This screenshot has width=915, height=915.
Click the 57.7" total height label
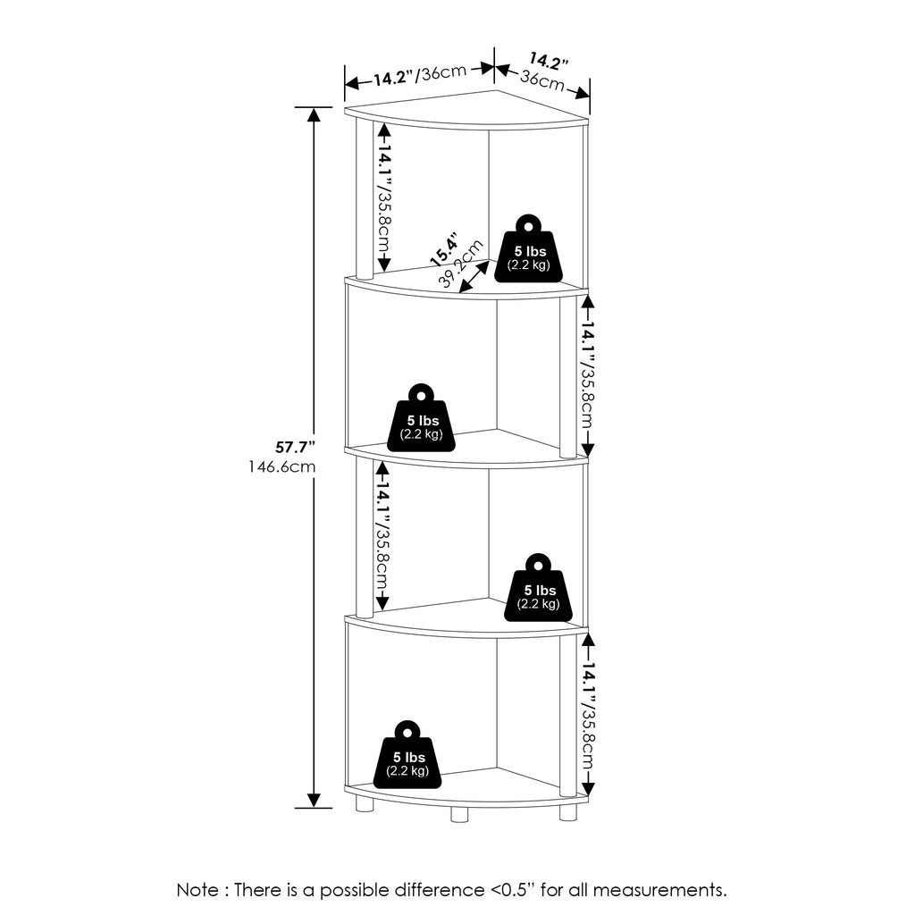coord(295,448)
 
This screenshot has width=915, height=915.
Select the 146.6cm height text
coord(281,466)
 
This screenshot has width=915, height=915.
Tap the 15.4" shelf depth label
coord(443,249)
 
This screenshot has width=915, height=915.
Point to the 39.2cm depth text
coord(461,264)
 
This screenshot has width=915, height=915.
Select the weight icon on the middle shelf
coord(422,418)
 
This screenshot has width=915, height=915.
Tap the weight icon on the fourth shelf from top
coord(538,588)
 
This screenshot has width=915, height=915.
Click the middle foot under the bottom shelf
coord(459,815)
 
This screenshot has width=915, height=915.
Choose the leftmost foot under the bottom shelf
coord(365,805)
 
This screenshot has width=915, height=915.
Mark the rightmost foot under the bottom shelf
coord(567,813)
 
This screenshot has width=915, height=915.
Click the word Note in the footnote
coord(197,890)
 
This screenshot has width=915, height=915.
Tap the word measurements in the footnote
coord(660,891)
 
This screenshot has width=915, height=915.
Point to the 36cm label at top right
coord(542,80)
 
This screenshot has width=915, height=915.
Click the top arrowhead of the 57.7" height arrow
coord(314,114)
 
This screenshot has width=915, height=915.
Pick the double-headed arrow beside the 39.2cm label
coord(474,276)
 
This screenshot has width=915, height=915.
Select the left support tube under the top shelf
coord(365,198)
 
